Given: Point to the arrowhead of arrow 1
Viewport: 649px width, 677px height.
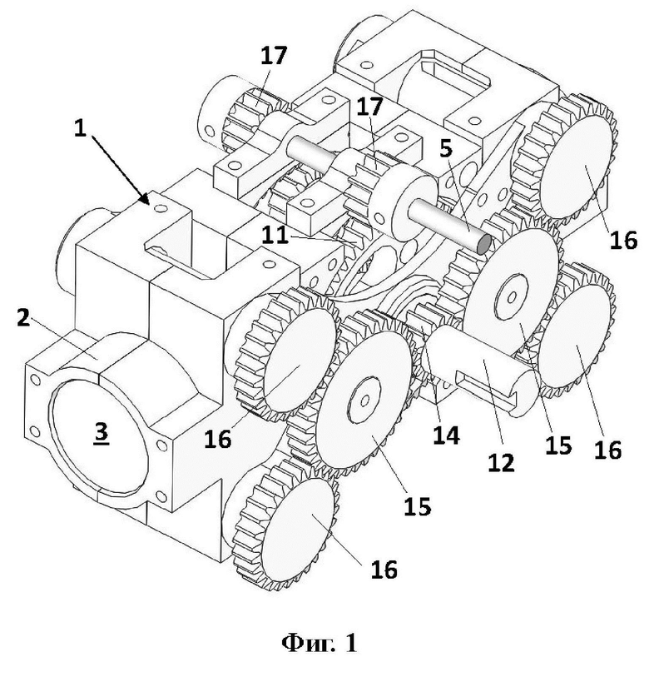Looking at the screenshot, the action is point(146,198).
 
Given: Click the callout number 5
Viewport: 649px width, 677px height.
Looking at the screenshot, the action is point(446,148).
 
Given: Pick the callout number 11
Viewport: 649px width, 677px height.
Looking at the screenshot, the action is point(275,236).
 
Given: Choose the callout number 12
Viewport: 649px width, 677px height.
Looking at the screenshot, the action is point(501,462).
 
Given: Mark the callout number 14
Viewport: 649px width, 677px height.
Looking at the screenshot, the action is point(446,435).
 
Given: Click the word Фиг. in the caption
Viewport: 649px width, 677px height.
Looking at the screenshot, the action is point(307,644).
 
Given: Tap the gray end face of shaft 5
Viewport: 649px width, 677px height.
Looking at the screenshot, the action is point(483,244).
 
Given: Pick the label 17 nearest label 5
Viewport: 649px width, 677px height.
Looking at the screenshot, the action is point(369,107).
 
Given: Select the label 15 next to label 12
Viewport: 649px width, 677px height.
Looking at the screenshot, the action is point(558,445).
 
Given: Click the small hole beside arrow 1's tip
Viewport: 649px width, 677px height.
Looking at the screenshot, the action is point(161,208).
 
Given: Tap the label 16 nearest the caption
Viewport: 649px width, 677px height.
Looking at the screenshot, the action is point(384,569).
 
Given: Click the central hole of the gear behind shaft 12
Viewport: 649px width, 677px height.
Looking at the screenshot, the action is point(512,297).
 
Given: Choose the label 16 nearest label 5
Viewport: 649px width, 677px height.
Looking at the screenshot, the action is point(623,240).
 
